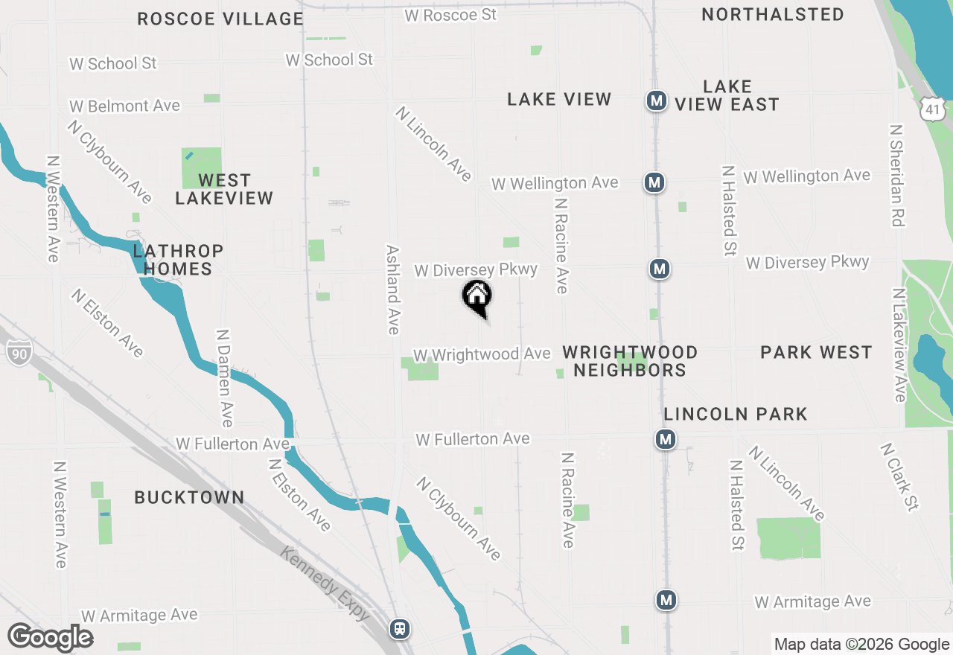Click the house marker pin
click(477, 297)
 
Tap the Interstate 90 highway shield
click(18, 351)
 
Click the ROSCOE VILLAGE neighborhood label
click(220, 19)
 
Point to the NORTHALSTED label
click(773, 14)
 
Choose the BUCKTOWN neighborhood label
click(189, 497)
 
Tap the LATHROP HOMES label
click(178, 260)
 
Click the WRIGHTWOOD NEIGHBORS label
click(630, 361)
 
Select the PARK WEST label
click(816, 352)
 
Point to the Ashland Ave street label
click(392, 290)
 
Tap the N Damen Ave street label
click(223, 378)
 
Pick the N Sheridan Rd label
click(896, 175)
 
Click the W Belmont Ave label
click(125, 106)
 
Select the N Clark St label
click(899, 477)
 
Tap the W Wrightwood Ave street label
click(482, 354)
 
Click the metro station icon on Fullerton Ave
click(666, 439)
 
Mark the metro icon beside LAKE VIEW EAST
click(656, 100)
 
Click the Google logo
click(51, 638)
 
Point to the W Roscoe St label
click(450, 14)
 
